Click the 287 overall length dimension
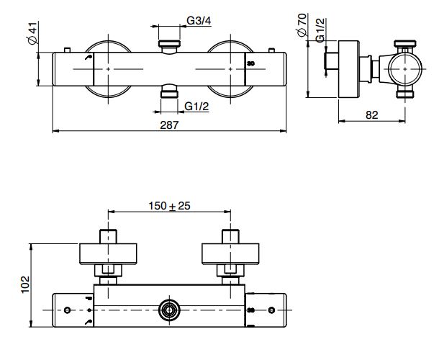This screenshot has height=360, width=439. click(169, 125)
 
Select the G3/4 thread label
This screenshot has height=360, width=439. click(199, 21)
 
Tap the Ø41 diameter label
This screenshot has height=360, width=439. click(32, 33)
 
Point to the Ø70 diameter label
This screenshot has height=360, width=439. click(302, 25)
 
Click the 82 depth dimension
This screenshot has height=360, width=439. click(372, 115)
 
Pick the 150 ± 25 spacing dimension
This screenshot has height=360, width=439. click(169, 206)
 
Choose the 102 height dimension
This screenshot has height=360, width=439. click(25, 284)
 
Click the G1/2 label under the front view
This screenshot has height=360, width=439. click(196, 107)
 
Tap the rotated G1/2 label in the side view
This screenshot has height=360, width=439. click(320, 30)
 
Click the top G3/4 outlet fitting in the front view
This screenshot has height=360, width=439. click(169, 47)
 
